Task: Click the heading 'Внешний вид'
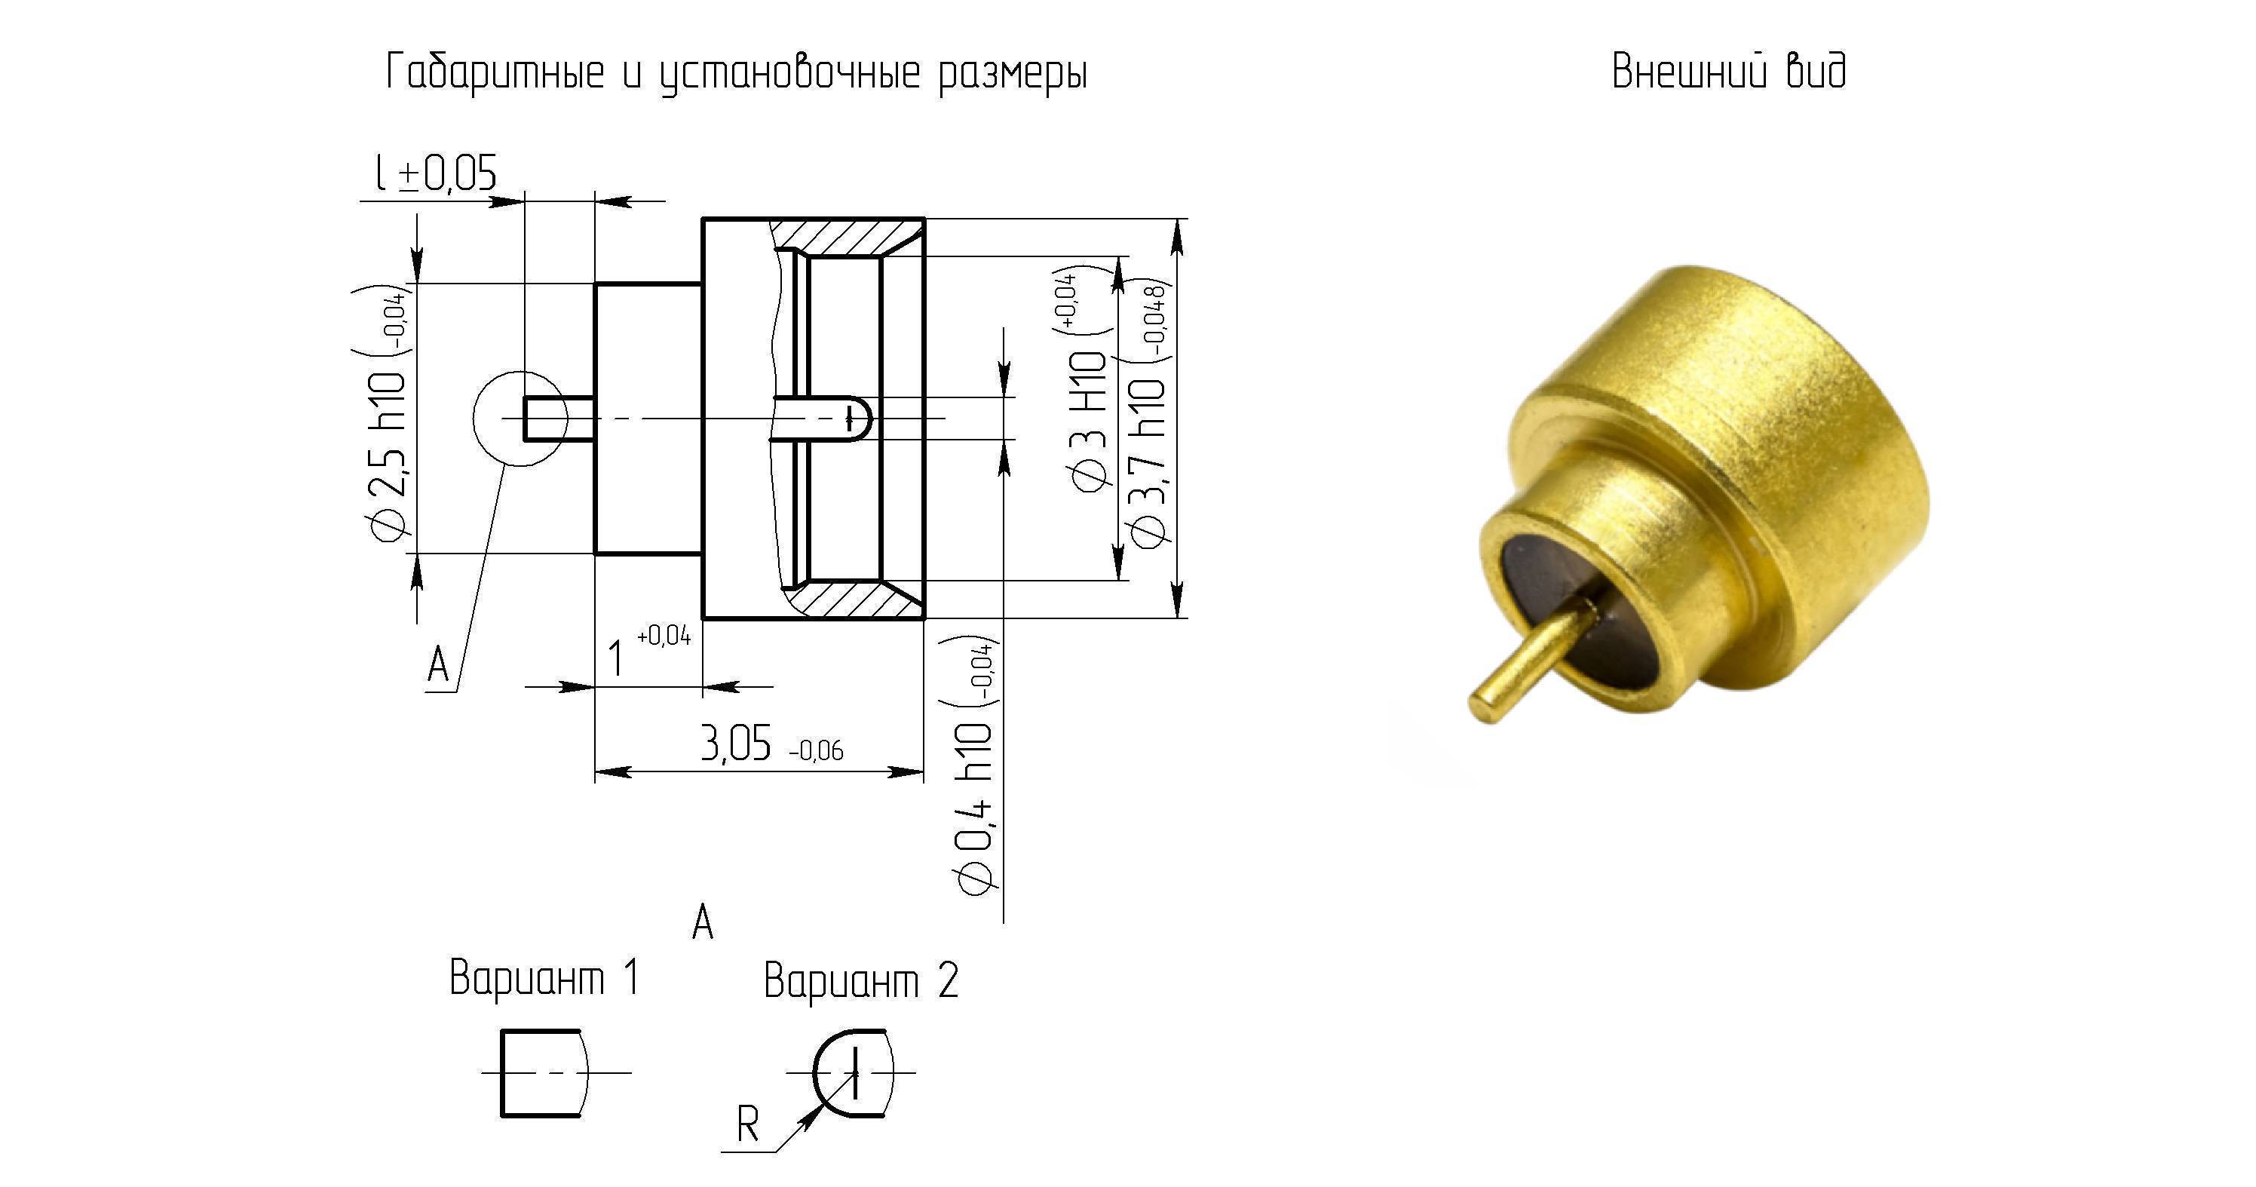tap(1729, 71)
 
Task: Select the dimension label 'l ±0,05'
tap(436, 173)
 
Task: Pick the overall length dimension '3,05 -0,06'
tap(771, 744)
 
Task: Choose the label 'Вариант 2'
tap(861, 980)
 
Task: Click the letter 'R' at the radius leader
tap(747, 1124)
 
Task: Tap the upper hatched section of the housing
tap(845, 237)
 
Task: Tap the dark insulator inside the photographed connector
tap(1568, 605)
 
